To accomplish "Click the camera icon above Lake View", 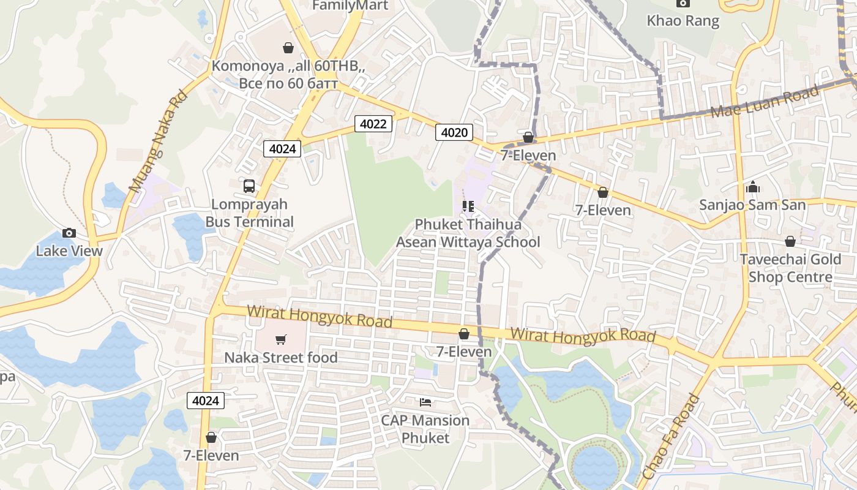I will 69,233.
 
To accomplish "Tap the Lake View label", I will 69,251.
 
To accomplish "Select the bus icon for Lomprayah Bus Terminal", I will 249,186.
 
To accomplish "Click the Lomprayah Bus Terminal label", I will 250,213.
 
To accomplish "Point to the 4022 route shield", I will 373,124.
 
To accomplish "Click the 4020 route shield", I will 454,132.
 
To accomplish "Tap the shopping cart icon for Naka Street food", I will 281,339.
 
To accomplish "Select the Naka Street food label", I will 281,357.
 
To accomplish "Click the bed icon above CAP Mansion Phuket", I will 425,402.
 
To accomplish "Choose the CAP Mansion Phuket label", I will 425,429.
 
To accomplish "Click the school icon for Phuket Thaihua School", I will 468,206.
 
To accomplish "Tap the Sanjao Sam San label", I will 752,205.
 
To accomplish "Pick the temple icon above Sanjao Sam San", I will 753,187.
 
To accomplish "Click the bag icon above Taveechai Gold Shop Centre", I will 790,241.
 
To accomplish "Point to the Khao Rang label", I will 683,20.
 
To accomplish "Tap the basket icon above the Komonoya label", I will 288,47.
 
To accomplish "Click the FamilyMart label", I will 350,6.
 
